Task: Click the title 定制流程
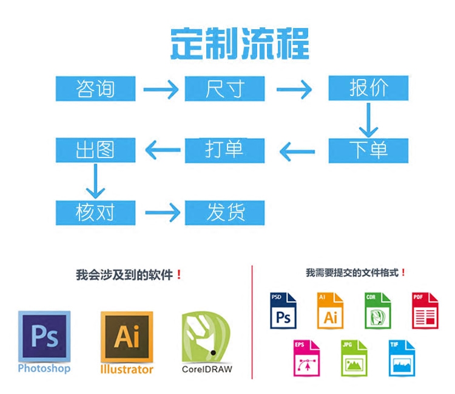pyautogui.click(x=239, y=43)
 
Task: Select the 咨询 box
pyautogui.click(x=95, y=89)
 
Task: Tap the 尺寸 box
pyautogui.click(x=224, y=89)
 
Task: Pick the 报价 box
pyautogui.click(x=368, y=89)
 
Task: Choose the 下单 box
pyautogui.click(x=368, y=150)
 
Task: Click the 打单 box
pyautogui.click(x=224, y=150)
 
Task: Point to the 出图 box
pyautogui.click(x=95, y=150)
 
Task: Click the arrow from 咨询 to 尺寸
pyautogui.click(x=161, y=90)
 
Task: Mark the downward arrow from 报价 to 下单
pyautogui.click(x=368, y=120)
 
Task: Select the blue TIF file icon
pyautogui.click(x=402, y=358)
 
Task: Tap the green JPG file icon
pyautogui.click(x=354, y=358)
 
